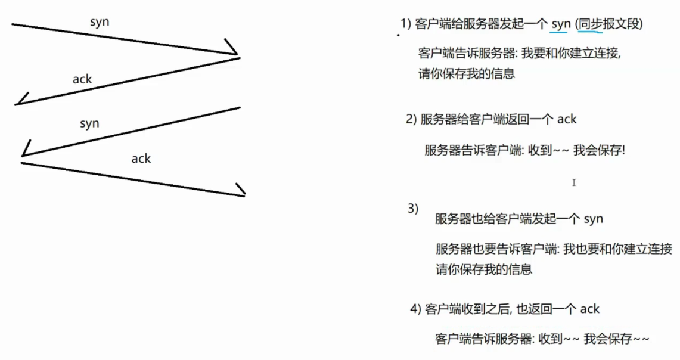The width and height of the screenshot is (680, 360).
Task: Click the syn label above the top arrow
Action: [100, 23]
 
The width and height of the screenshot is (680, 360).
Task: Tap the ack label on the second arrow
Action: [82, 79]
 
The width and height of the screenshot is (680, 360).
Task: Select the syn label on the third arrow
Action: [89, 123]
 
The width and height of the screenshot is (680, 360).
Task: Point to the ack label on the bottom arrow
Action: [141, 158]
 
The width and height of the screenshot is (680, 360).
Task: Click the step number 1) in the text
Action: [406, 24]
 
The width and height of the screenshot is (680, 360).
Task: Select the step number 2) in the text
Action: [411, 119]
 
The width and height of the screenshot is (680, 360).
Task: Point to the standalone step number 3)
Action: [413, 208]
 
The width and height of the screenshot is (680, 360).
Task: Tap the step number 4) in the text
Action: [415, 309]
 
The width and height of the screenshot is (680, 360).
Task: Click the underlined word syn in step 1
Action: [561, 24]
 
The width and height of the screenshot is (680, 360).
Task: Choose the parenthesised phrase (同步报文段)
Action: [610, 24]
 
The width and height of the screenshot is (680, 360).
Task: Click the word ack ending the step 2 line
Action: [567, 119]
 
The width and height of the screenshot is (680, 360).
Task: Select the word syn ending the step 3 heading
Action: [593, 219]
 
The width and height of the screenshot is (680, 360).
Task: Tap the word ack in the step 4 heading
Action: [590, 309]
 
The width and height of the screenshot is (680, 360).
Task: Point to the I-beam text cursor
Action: [574, 182]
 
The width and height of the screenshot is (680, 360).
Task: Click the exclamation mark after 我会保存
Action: [623, 151]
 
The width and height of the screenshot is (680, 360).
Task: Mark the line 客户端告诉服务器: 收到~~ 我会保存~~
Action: [542, 339]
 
